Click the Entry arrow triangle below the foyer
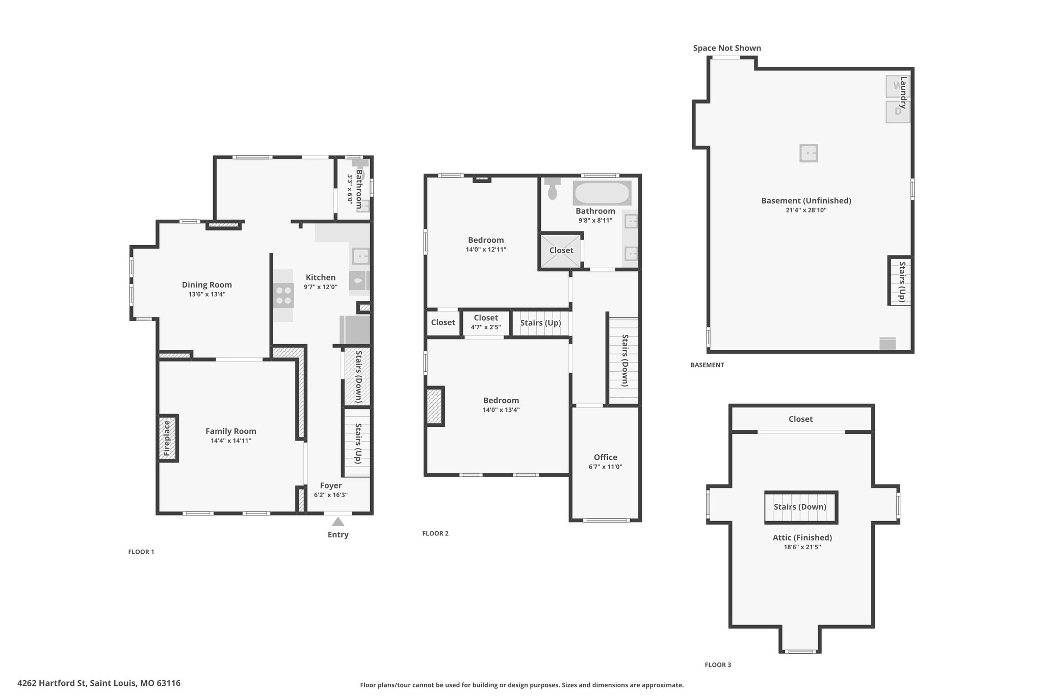click(337, 521)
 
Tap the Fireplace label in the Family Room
click(167, 439)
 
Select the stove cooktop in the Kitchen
click(283, 296)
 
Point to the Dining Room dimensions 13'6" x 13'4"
click(207, 294)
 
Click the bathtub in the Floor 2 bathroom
click(602, 193)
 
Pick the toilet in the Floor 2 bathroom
click(552, 188)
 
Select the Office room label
click(606, 457)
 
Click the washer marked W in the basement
click(897, 86)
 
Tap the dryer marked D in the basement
click(897, 112)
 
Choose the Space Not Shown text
click(727, 48)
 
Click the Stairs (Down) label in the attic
click(800, 507)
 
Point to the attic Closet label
click(800, 419)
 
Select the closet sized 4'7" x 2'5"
click(486, 322)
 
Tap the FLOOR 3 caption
click(718, 665)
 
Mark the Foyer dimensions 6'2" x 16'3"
click(331, 495)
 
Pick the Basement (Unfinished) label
click(806, 201)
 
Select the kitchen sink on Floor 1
click(360, 255)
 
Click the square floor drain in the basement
click(808, 153)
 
